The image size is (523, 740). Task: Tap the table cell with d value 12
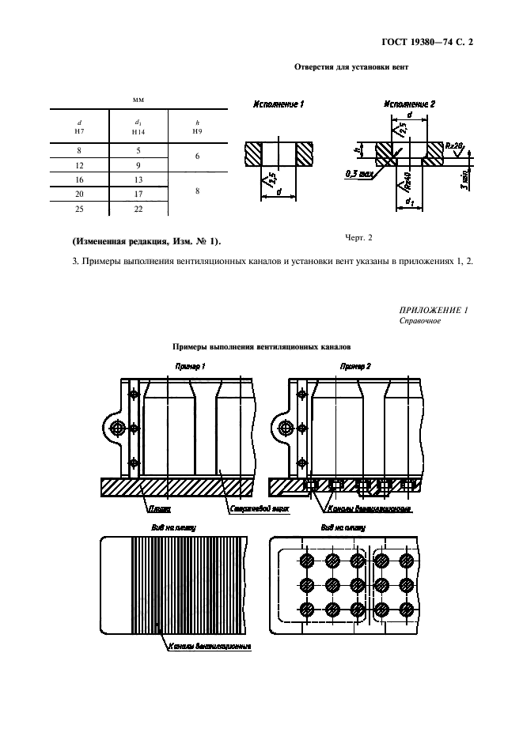[x=79, y=165]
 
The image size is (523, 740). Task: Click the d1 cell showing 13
[x=138, y=179]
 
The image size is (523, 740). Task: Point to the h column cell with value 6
[x=197, y=157]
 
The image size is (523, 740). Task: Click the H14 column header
[x=138, y=128]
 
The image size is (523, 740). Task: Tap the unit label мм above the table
[x=138, y=100]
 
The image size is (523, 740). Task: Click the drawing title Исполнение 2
[x=410, y=104]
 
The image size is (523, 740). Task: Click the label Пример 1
[x=189, y=366]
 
